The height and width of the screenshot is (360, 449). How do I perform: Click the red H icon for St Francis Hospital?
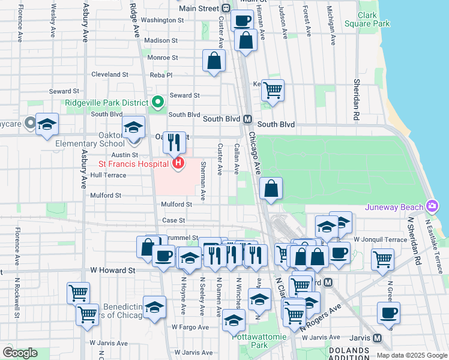point(178,163)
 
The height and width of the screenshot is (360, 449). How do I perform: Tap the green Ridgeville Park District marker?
point(158,103)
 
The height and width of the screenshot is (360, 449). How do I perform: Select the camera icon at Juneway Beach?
point(432,207)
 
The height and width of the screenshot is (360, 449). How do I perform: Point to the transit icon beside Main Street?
point(226,8)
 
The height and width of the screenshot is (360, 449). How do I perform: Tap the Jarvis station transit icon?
point(378,338)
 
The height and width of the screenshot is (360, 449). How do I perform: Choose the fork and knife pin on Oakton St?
point(174,142)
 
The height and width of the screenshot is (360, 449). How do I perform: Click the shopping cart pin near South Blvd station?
point(273,91)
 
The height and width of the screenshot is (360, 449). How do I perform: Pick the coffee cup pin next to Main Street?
point(242,21)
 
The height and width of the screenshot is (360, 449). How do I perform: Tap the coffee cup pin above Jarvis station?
point(388,313)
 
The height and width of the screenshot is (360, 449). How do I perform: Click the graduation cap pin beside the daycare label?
point(47,124)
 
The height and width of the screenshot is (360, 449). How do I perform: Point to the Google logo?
point(20,353)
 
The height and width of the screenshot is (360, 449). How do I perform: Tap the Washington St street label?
point(162,20)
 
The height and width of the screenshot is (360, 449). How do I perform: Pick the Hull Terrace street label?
point(108,175)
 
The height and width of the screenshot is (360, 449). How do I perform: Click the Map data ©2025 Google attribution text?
point(412,355)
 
